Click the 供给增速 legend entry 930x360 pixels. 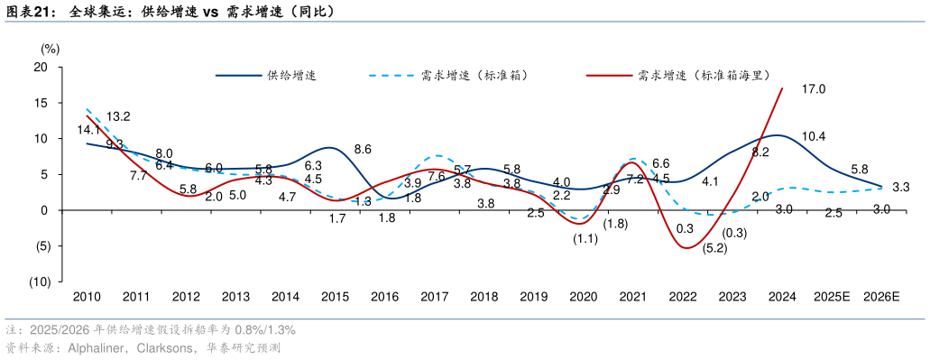click(x=290, y=76)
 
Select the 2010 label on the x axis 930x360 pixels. click(x=87, y=297)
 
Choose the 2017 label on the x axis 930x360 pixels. click(x=435, y=297)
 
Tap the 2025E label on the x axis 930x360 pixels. click(x=832, y=297)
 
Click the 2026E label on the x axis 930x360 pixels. click(x=881, y=297)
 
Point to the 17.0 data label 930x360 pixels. click(x=814, y=89)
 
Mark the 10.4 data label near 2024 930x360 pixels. click(x=814, y=137)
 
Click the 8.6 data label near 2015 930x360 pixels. click(x=364, y=149)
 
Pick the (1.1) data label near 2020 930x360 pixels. click(x=585, y=239)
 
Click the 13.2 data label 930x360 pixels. click(x=118, y=116)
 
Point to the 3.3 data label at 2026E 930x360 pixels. click(x=900, y=188)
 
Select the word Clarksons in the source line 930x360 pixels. click(x=163, y=347)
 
